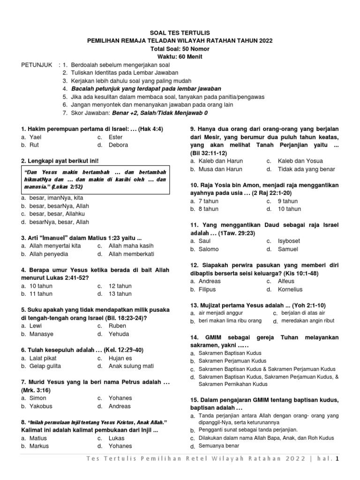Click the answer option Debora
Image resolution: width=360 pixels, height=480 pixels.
[x=118, y=145]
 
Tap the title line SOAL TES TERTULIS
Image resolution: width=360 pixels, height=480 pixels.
[x=180, y=33]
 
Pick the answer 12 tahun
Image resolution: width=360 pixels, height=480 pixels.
[x=120, y=286]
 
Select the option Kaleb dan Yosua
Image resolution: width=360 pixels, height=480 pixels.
[x=296, y=161]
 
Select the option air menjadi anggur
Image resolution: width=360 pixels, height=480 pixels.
[x=222, y=313]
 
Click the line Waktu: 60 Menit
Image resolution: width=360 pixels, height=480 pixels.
[x=180, y=57]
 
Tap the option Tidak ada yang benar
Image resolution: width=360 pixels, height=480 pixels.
[x=307, y=169]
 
